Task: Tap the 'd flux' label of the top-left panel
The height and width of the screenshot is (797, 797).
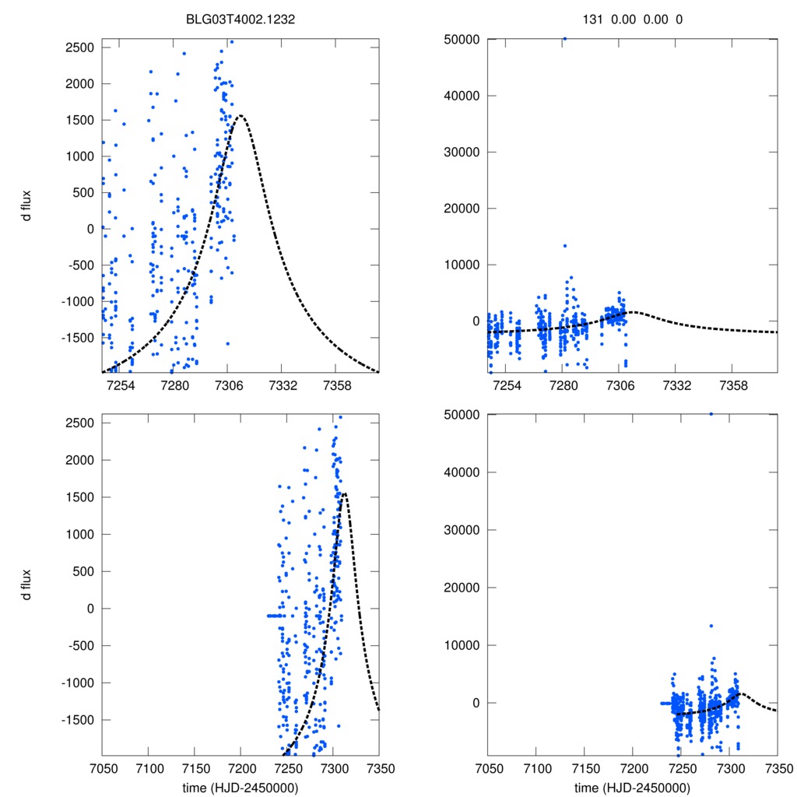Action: point(27,205)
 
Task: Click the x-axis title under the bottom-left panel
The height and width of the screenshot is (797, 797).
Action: point(241,787)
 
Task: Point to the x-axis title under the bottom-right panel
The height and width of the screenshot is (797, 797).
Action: point(633,787)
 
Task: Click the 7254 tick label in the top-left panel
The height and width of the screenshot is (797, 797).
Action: point(121,386)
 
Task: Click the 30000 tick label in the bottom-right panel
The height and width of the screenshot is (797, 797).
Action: point(458,530)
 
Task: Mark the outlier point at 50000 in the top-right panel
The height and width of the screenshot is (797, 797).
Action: point(564,38)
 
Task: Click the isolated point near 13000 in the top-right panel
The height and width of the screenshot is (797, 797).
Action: point(565,246)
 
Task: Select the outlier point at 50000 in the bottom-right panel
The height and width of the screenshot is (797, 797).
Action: point(711,414)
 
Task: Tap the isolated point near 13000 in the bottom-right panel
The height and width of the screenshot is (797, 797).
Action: point(711,626)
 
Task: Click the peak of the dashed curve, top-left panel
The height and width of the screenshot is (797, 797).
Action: point(241,116)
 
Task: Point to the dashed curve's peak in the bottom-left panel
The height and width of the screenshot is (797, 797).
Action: point(343,493)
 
